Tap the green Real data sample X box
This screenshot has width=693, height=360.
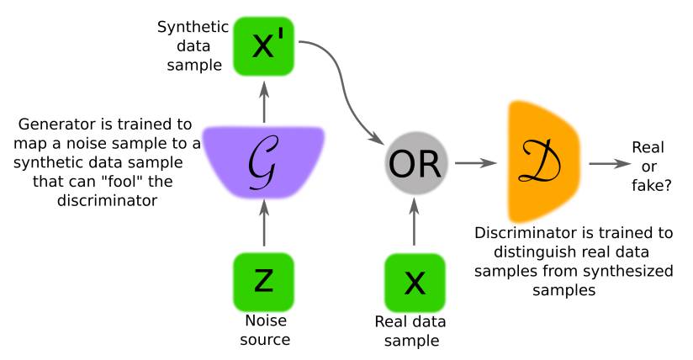click(414, 283)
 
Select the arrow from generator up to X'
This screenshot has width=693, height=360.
click(263, 99)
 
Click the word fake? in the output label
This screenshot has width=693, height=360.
click(648, 182)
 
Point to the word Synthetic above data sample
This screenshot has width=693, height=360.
click(187, 26)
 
